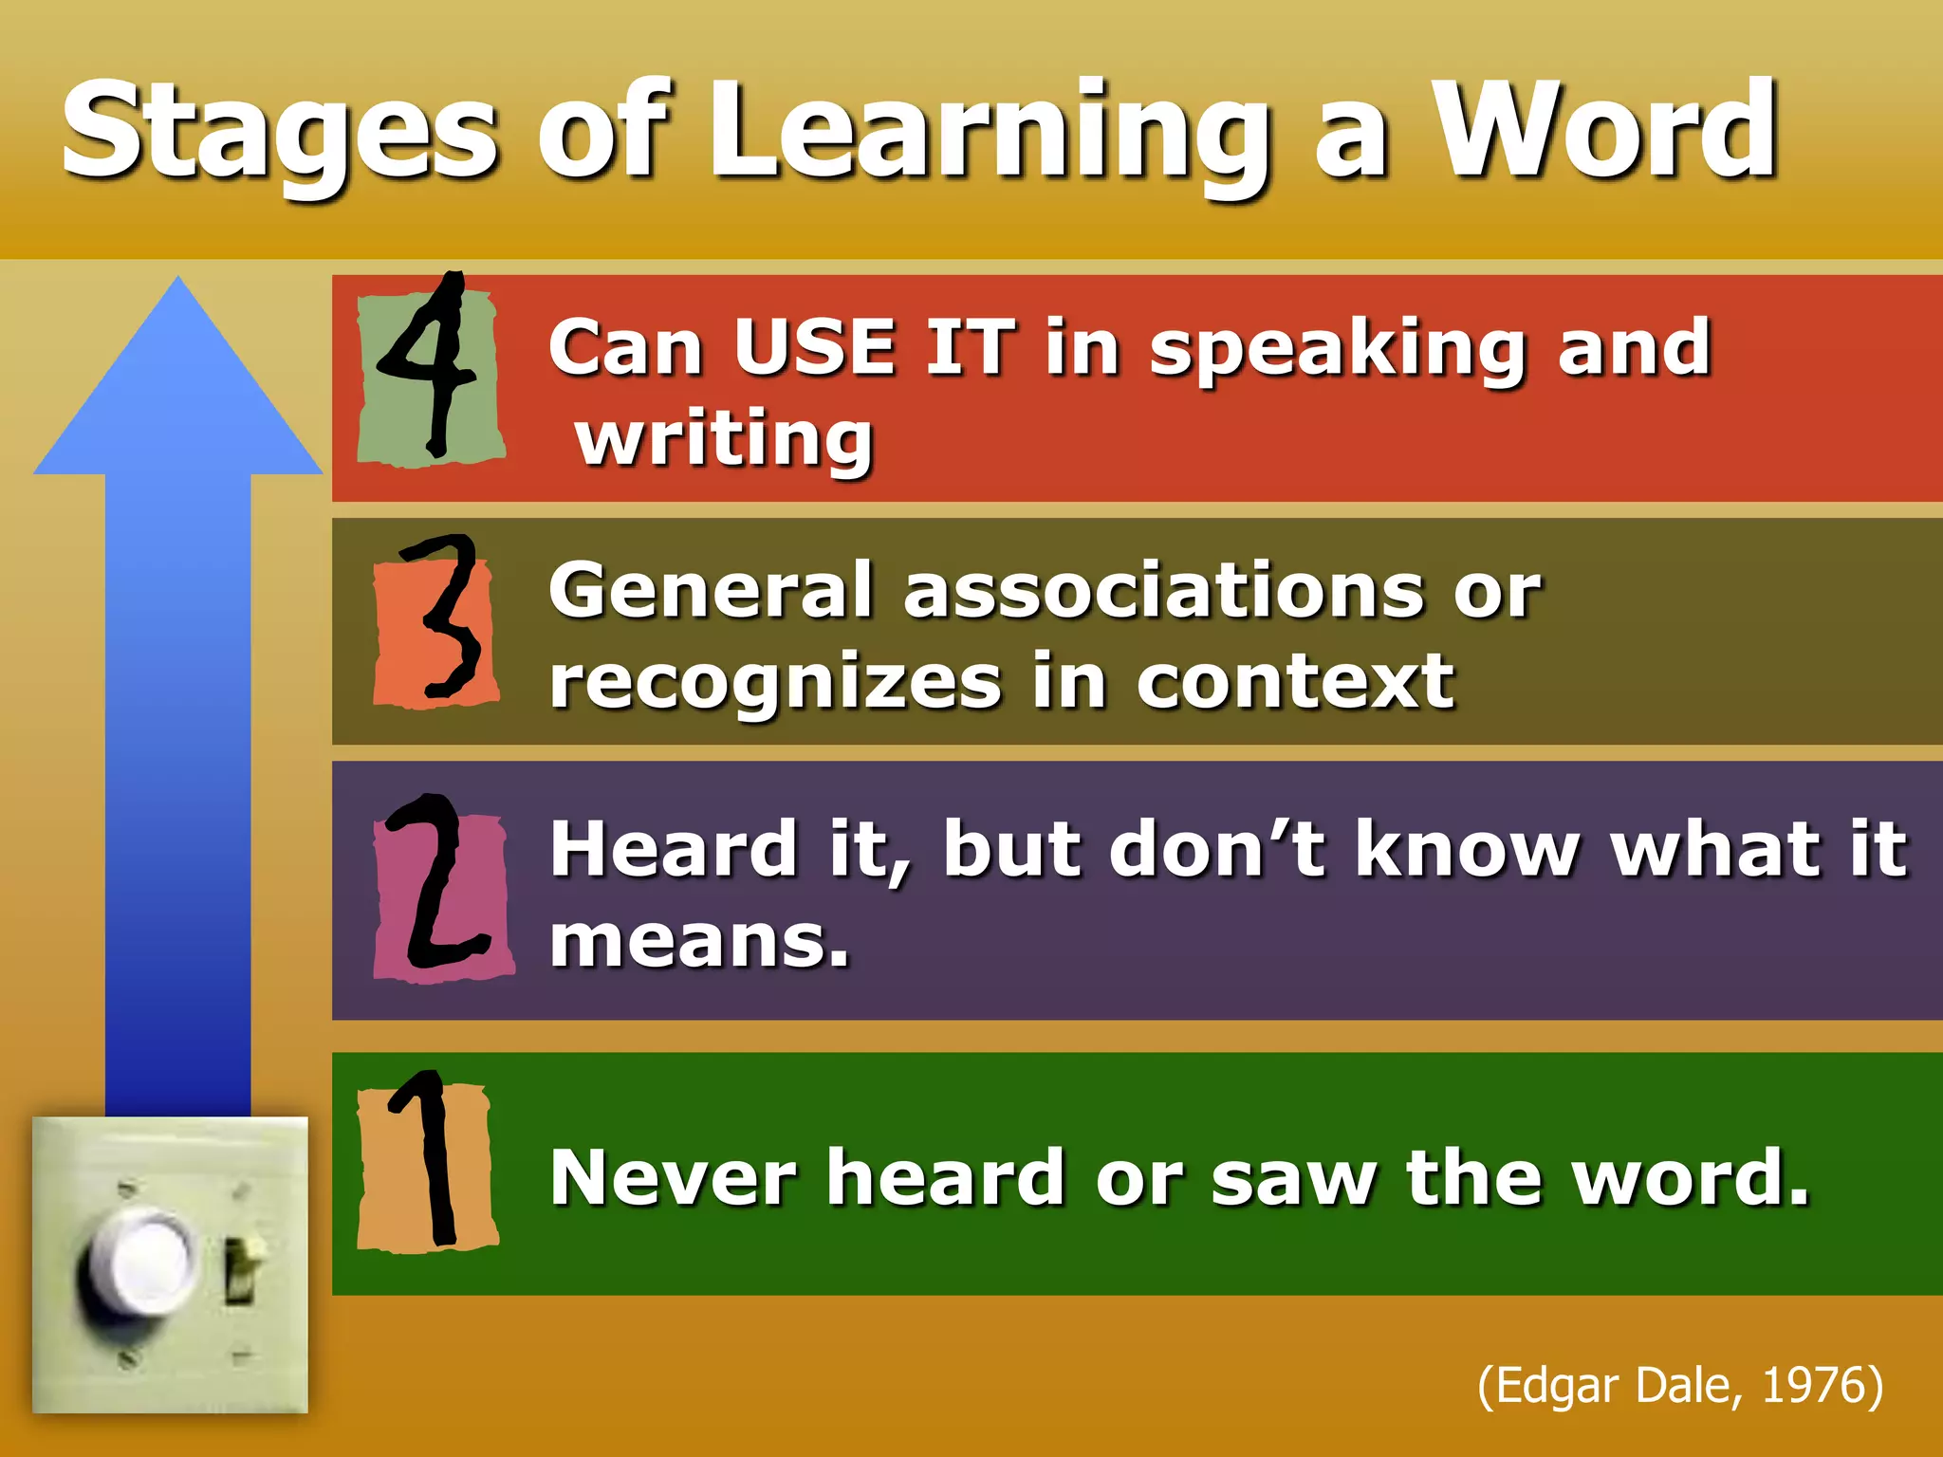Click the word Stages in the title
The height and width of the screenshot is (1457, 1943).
(x=280, y=133)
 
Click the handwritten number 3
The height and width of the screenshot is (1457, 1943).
(x=442, y=621)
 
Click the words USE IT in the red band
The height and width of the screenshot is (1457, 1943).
(x=873, y=347)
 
